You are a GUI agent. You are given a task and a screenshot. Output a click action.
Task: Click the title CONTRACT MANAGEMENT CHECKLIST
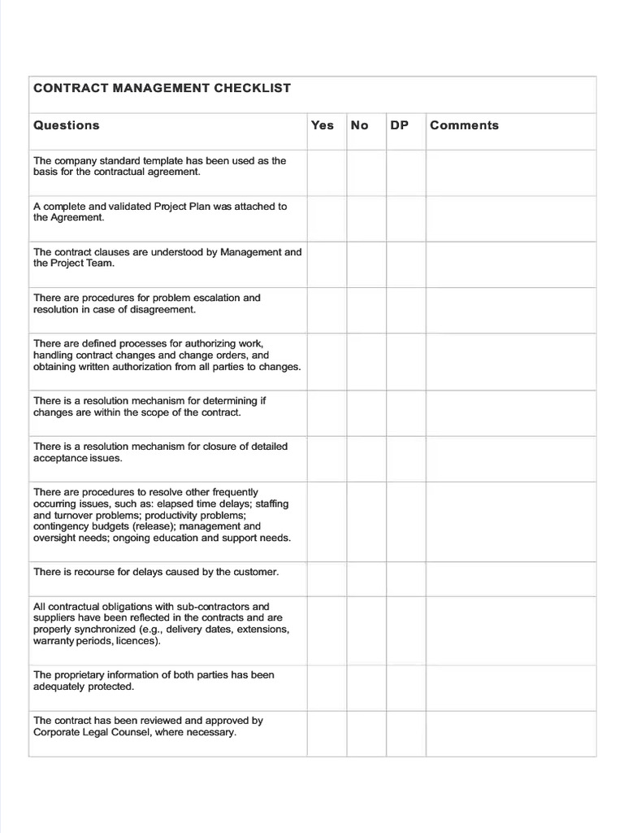click(x=162, y=88)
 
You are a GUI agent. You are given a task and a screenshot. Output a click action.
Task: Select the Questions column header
click(x=67, y=125)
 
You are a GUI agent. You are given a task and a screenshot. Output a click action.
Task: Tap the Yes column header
click(x=323, y=125)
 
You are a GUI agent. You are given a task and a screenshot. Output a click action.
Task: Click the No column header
click(x=359, y=125)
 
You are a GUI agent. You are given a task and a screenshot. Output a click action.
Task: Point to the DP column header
click(x=400, y=125)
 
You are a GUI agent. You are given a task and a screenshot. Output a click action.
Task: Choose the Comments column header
click(x=464, y=125)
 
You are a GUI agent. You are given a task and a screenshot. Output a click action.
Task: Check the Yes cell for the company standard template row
click(x=327, y=172)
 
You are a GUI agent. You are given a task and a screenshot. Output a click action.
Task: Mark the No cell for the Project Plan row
click(x=366, y=218)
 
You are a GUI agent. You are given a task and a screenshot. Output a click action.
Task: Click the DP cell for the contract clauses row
click(x=405, y=264)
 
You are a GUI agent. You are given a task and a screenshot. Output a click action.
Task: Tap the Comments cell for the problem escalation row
click(x=510, y=310)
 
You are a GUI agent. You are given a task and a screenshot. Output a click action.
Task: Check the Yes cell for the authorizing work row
click(x=327, y=361)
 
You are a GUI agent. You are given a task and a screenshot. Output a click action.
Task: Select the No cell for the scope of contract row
click(x=366, y=412)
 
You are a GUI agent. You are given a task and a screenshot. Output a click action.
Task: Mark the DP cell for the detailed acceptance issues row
click(x=405, y=458)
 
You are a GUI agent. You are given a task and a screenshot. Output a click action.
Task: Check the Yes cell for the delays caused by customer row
click(x=327, y=578)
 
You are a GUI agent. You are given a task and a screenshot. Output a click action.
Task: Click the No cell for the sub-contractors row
click(x=366, y=630)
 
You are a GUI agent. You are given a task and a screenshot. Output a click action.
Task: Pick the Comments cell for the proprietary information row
click(x=510, y=687)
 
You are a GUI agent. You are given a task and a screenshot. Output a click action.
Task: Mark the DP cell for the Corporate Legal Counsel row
click(x=405, y=733)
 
